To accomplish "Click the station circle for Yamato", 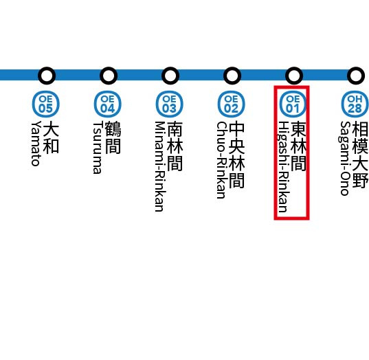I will (46, 74).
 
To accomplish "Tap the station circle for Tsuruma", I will (108, 74).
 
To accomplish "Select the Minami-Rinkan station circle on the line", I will (170, 74).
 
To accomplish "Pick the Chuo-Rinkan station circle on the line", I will (232, 74).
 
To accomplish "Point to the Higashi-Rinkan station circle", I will (293, 74).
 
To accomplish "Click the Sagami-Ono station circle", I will (355, 74).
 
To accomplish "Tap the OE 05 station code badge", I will (45, 104).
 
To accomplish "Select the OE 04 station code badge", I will (107, 104).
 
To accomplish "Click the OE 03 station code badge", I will (169, 104).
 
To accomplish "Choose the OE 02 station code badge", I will (231, 104).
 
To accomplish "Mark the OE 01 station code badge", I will (293, 104).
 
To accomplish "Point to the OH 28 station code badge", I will (355, 104).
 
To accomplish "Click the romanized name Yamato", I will (36, 144).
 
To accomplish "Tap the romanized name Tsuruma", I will (98, 148).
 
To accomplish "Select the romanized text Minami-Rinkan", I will (159, 166).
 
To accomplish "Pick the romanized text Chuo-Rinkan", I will (221, 160).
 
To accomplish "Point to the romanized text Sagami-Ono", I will (345, 158).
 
